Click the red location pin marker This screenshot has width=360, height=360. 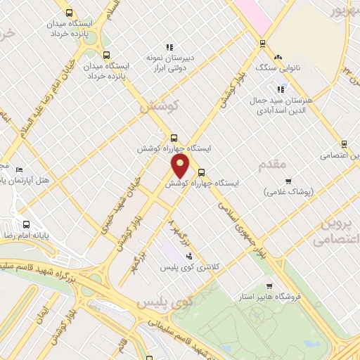pos(181,167)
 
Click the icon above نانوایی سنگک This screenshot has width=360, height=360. pos(278,56)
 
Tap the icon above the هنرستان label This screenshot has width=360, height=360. pos(281,89)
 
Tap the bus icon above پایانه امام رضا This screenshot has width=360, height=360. pos(26,226)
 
